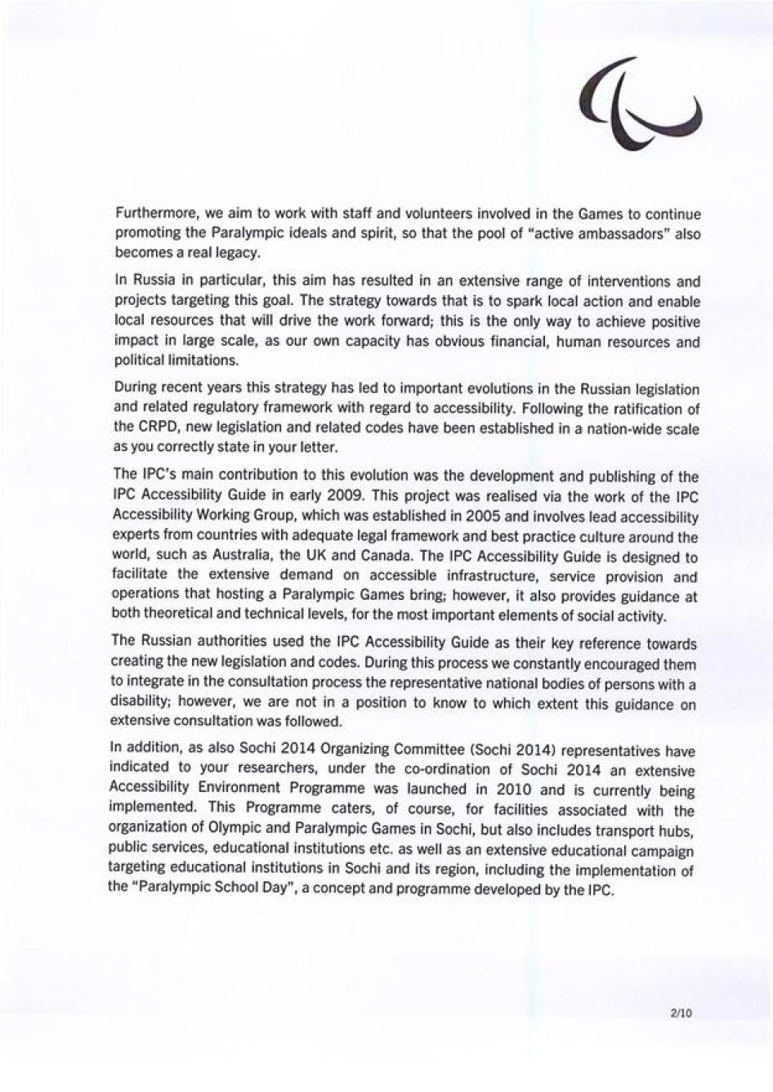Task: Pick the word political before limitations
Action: (137, 360)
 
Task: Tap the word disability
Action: (139, 702)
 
